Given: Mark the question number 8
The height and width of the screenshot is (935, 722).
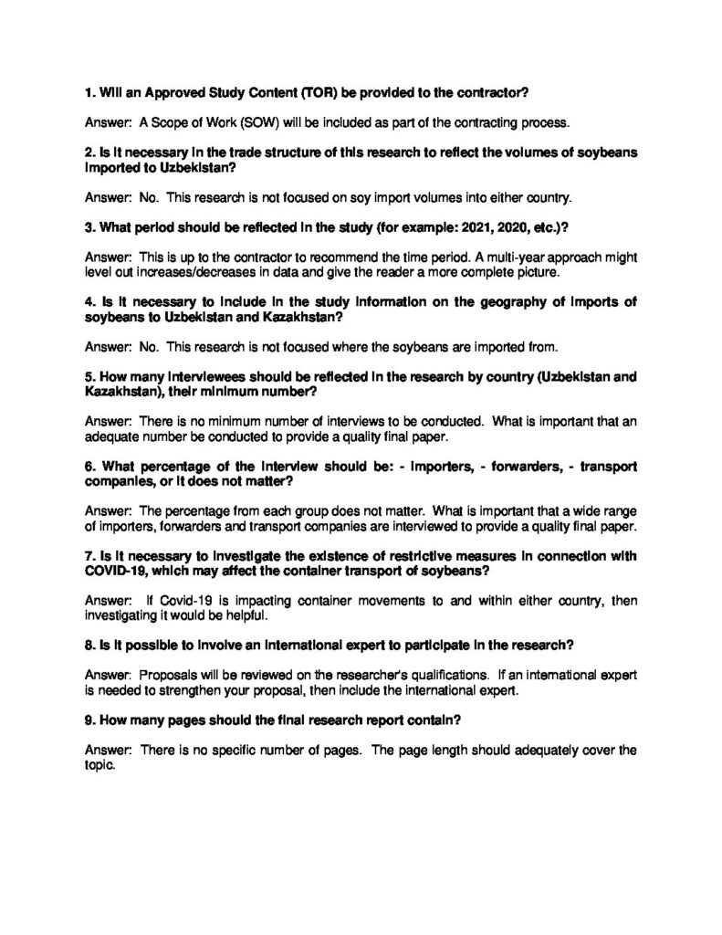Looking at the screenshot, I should (88, 644).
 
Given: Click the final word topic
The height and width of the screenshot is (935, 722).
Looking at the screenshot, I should (99, 766).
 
